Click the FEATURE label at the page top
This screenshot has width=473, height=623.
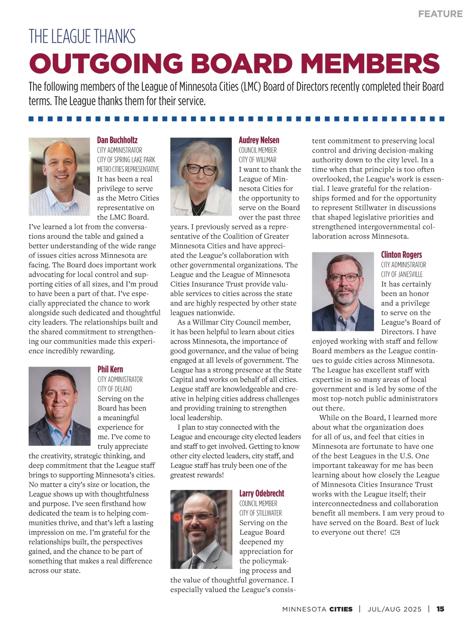pos(440,14)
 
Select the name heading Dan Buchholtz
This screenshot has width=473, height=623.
pos(117,140)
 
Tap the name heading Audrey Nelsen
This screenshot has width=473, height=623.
pos(259,140)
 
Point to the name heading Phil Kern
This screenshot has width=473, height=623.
pos(110,369)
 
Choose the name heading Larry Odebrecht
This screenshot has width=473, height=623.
pos(261,493)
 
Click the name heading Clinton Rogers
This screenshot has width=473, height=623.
pos(401,254)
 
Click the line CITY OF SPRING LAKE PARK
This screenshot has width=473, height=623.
pos(126,160)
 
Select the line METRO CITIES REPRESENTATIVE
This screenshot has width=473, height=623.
pos(128,169)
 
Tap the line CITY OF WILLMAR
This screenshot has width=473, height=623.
pos(257,160)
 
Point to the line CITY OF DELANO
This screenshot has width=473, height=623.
pos(115,389)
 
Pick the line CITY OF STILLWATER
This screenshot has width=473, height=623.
pos(261,513)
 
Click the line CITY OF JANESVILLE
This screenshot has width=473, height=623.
pos(402,274)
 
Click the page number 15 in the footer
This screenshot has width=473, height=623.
pos(440,609)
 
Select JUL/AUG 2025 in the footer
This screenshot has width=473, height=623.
pos(394,609)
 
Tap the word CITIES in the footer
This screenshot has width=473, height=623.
pos(341,609)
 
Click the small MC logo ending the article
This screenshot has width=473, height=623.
pos(395,532)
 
